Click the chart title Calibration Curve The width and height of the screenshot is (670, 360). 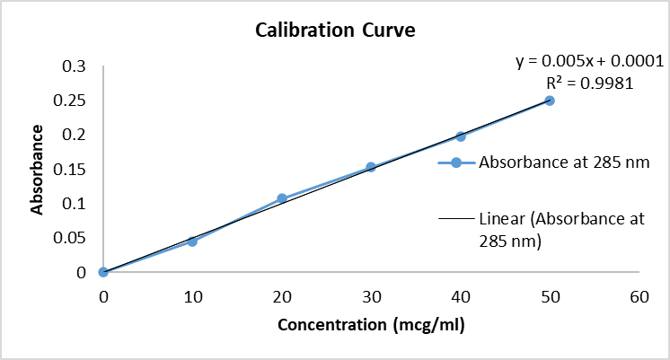coord(335,31)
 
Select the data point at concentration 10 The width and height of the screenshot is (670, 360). coord(192,241)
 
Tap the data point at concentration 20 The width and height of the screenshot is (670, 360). coord(282,198)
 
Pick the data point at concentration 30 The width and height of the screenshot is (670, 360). coord(371,167)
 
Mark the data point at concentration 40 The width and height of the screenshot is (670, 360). coord(461,136)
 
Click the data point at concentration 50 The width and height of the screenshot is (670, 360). coord(550,101)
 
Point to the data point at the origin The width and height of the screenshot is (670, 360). coord(103,272)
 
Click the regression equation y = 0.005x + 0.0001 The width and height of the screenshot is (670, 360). coord(588,62)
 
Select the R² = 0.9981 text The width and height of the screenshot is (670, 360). coord(590,83)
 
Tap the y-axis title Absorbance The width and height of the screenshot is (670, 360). coord(38,169)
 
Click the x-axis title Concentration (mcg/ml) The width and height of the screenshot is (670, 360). coord(371,324)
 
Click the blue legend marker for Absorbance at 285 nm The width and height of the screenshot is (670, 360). coord(455,162)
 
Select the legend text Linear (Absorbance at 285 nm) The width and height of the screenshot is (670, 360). coord(562,229)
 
